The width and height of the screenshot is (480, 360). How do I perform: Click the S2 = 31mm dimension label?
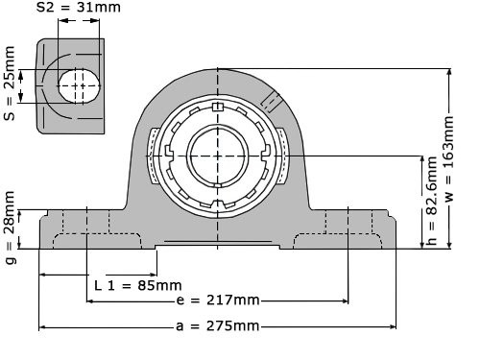[79, 7]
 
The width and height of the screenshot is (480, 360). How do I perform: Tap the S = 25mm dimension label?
[9, 84]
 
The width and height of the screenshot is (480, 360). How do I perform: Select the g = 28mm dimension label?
[10, 228]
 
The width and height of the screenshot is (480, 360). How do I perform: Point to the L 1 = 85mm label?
[138, 285]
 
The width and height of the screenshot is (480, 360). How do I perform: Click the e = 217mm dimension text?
[218, 300]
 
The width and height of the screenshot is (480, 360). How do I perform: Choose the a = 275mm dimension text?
[218, 326]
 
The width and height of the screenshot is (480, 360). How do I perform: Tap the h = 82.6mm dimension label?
[431, 201]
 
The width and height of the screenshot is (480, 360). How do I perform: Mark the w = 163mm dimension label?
[448, 158]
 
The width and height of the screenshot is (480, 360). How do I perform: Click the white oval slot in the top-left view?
[80, 85]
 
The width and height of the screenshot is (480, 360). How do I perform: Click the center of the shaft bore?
[218, 156]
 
